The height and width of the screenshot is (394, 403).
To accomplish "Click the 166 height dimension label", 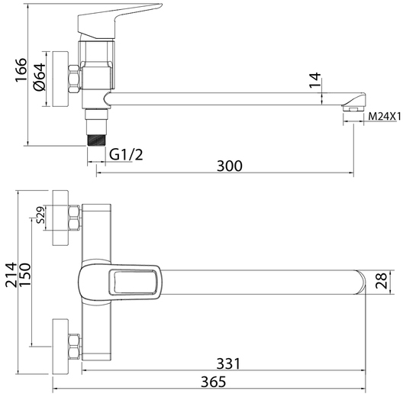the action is (x=21, y=70).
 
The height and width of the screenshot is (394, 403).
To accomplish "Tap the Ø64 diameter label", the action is (x=40, y=77).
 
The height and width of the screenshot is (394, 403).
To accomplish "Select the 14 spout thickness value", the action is (x=315, y=80).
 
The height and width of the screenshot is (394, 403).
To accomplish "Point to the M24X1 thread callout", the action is (x=385, y=117).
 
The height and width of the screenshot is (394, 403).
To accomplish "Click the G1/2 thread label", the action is (x=126, y=154).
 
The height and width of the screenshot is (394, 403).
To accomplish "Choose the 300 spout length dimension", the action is (x=230, y=166).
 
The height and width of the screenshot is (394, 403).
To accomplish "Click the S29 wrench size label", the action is (x=41, y=215).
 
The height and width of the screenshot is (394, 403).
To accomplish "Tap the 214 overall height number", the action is (x=11, y=275).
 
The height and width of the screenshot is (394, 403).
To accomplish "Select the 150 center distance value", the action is (x=25, y=275).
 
